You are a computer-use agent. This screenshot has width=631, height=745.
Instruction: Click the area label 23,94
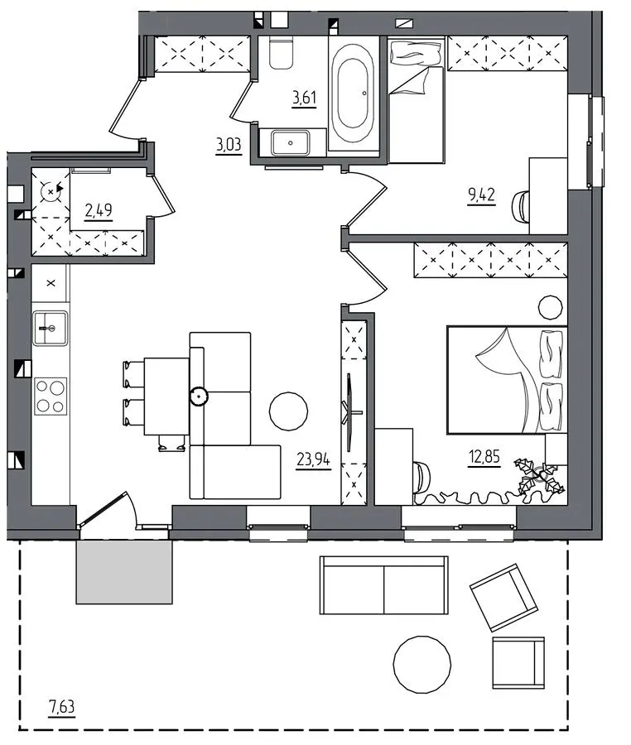coord(313,459)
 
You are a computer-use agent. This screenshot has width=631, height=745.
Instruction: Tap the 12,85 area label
coord(484,457)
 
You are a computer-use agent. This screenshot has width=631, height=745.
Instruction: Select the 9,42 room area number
coord(481,195)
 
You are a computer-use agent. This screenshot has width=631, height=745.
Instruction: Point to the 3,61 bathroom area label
coord(304,98)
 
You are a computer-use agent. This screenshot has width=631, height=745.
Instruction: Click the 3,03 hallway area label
coord(229,144)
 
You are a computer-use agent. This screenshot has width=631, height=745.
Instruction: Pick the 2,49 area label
coord(99,210)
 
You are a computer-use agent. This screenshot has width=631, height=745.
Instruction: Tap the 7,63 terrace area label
coord(62,707)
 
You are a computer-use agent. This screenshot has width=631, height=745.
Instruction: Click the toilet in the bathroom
coord(281,52)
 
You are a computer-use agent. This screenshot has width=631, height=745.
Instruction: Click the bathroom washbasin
coord(291,143)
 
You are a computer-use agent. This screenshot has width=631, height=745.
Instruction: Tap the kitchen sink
coord(50,328)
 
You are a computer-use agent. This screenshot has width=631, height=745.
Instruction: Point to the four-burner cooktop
coord(51,397)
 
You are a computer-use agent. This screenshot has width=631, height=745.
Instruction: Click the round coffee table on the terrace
coord(422,665)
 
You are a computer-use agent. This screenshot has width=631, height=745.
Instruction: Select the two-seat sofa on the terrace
coord(384,585)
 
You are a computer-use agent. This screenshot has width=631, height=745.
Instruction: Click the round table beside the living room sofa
coord(288,411)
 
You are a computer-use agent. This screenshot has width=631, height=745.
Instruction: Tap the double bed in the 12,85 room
coord(507,380)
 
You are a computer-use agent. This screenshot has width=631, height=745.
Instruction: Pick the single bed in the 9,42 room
coord(417,100)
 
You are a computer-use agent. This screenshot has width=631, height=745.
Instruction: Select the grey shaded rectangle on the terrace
coord(124,572)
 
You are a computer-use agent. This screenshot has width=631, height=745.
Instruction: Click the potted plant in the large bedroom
coord(540,477)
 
